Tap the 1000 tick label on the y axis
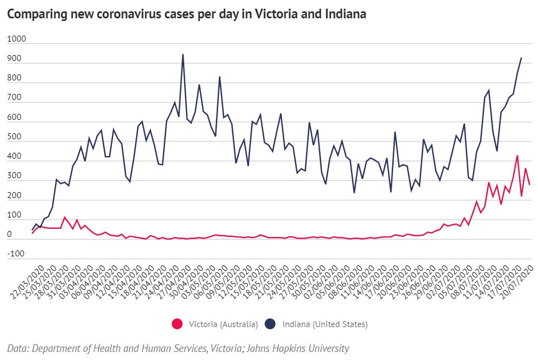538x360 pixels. point(17,40)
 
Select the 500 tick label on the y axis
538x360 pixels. point(15,137)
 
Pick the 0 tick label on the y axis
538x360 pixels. point(10,235)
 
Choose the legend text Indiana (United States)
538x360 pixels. point(325,324)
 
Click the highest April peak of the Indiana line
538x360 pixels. point(183,55)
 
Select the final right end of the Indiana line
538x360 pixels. point(521,58)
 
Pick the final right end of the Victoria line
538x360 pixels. point(529,185)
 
